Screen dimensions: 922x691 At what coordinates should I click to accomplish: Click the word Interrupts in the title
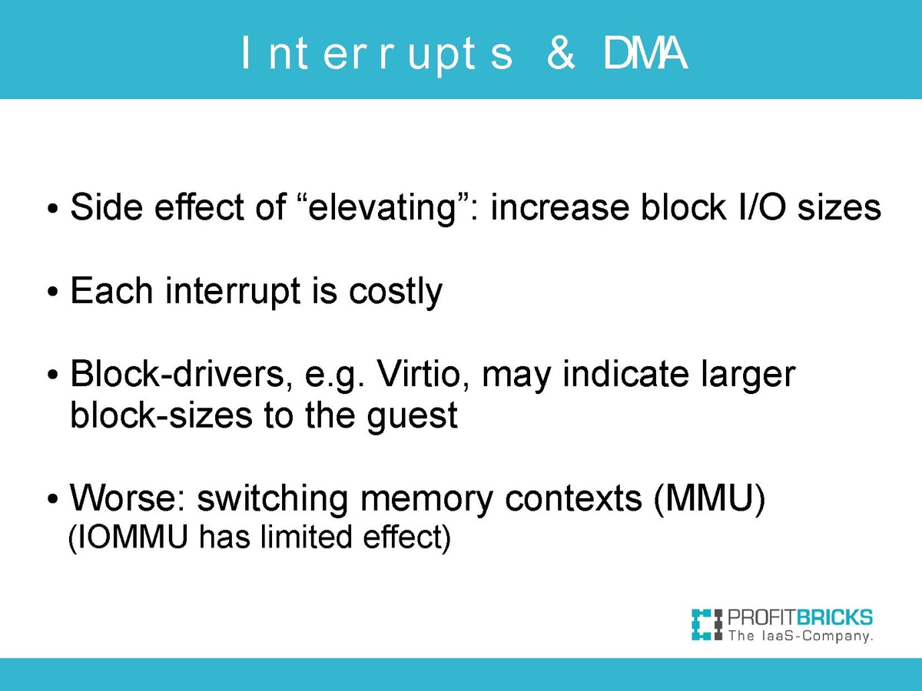pos(376,55)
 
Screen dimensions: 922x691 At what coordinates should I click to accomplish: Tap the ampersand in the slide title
pos(561,52)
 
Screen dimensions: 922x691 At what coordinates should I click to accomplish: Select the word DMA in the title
pos(645,52)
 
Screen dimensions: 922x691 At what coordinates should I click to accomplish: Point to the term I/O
pos(761,207)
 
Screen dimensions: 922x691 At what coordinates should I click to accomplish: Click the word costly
pos(395,292)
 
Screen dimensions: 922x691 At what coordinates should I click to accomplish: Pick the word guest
pos(412,416)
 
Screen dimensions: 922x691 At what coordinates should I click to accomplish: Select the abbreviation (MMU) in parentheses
pos(709,499)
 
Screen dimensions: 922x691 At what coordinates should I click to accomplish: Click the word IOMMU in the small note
pos(133,537)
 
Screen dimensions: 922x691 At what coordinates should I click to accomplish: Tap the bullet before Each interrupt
pos(52,292)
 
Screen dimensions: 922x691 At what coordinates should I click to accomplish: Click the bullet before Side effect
pos(52,207)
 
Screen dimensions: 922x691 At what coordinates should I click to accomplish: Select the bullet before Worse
pos(52,499)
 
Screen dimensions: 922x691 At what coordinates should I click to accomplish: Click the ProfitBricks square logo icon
pos(707,624)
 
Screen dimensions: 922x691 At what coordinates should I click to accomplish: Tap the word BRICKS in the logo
pos(834,617)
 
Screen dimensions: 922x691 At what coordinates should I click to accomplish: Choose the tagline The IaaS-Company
pos(801,636)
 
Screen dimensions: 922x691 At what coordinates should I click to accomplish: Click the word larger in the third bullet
pos(748,374)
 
